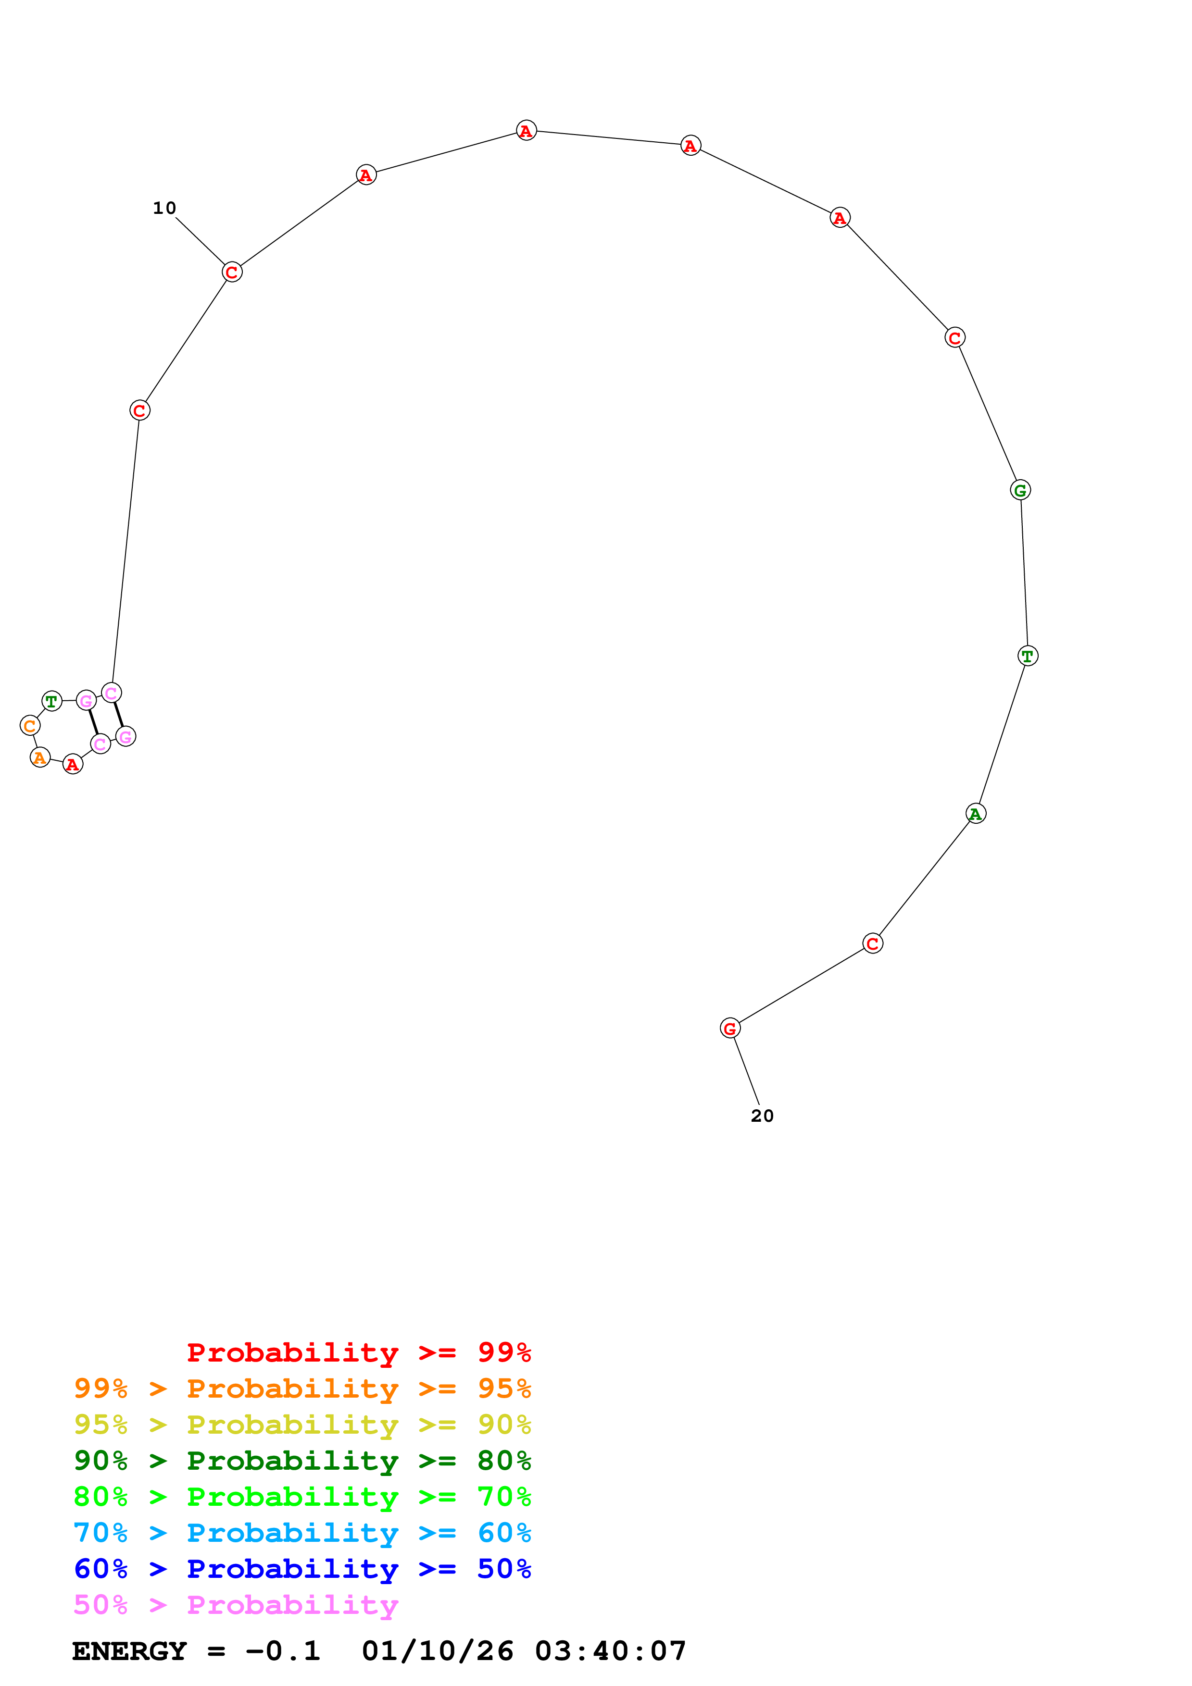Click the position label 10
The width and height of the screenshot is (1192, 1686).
pyautogui.click(x=164, y=209)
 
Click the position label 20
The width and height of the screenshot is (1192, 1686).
pyautogui.click(x=762, y=1116)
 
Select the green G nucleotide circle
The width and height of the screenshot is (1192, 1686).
pyautogui.click(x=1020, y=490)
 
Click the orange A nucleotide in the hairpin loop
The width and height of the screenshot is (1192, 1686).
pyautogui.click(x=39, y=757)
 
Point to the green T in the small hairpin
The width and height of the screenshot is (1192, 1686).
pyautogui.click(x=51, y=701)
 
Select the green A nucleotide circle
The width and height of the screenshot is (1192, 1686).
pyautogui.click(x=975, y=814)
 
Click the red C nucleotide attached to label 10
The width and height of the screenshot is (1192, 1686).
pyautogui.click(x=232, y=273)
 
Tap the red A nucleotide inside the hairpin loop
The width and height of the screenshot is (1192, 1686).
pyautogui.click(x=73, y=765)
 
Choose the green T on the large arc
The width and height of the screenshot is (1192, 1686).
pyautogui.click(x=1028, y=656)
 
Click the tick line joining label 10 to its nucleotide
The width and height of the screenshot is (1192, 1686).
pyautogui.click(x=200, y=241)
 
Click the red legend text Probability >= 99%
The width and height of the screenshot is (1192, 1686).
pyautogui.click(x=358, y=1352)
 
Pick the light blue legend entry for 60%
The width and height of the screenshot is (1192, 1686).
pyautogui.click(x=302, y=1533)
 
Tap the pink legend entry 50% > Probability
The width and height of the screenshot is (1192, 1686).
pyautogui.click(x=236, y=1605)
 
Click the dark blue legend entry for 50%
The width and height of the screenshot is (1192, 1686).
pyautogui.click(x=302, y=1569)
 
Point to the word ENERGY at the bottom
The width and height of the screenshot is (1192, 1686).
pyautogui.click(x=129, y=1651)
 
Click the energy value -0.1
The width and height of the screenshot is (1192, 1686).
pyautogui.click(x=283, y=1651)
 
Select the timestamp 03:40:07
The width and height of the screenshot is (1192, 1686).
pyautogui.click(x=610, y=1651)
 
